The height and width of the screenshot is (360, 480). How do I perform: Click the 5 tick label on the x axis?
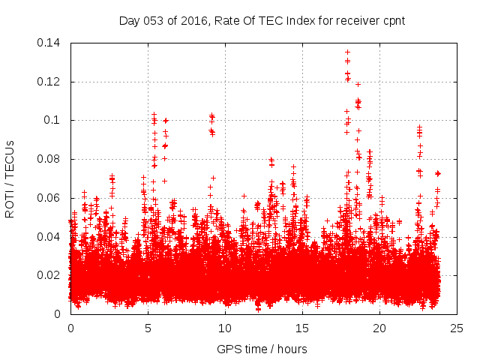148,328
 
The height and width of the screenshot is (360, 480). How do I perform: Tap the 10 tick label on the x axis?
225,328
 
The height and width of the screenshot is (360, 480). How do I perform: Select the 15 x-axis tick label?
302,328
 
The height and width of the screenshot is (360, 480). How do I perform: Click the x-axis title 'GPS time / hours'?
262,349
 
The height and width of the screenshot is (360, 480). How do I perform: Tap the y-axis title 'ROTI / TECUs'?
10,178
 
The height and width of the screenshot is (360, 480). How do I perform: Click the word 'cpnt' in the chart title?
392,20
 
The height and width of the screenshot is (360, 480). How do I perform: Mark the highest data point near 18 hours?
347,52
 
